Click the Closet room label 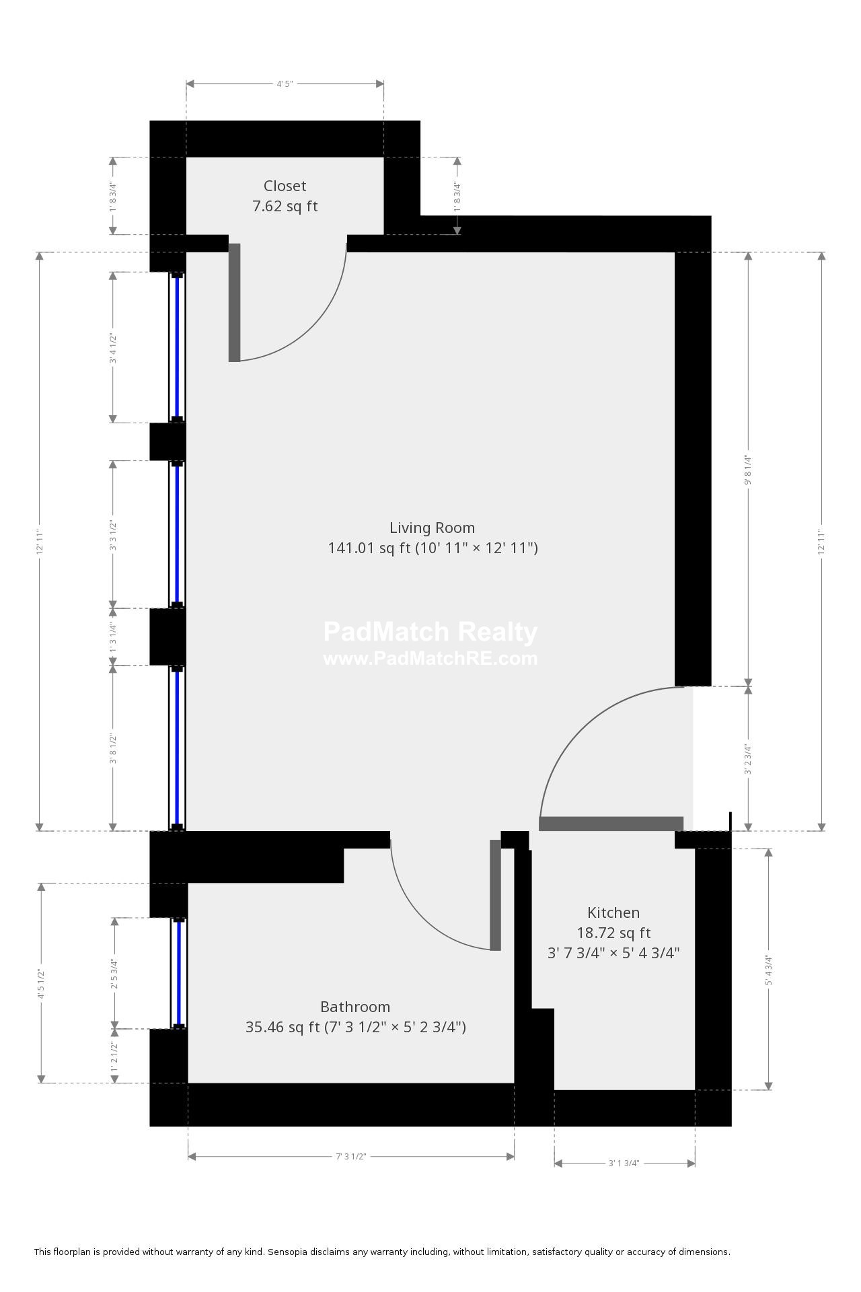[x=285, y=186]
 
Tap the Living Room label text [x=432, y=528]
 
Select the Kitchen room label [x=613, y=912]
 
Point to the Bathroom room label [x=355, y=1007]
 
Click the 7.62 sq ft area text [x=285, y=206]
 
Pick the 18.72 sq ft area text [x=613, y=933]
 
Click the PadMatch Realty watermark [x=430, y=632]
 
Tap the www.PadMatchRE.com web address [x=430, y=658]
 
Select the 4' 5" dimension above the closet [x=285, y=83]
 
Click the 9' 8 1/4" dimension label [x=747, y=470]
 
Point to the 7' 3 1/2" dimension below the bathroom [x=350, y=1156]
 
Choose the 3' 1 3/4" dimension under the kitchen [x=624, y=1163]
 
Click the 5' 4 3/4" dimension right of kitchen [x=768, y=970]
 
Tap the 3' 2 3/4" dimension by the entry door [x=747, y=759]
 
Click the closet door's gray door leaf [x=234, y=302]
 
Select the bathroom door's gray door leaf [x=495, y=895]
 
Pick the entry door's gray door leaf [x=611, y=824]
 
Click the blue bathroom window [x=179, y=972]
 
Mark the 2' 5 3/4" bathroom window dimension [x=115, y=974]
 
